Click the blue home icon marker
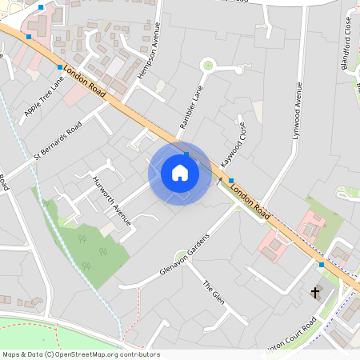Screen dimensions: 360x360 pos(180,173)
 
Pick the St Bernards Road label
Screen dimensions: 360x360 pos(58,142)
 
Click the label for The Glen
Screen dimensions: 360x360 pos(213,294)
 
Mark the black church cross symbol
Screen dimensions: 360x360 pos(315,292)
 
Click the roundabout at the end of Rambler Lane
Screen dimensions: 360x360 pos(209,65)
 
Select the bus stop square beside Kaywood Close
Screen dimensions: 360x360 pos(231,181)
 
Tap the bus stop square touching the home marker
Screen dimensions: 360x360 pos(186,154)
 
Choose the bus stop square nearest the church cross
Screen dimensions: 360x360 pos(322,264)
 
